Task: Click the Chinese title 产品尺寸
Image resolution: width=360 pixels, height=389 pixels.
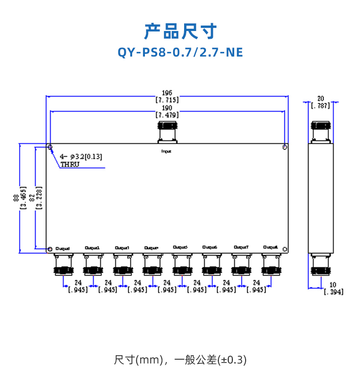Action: tap(180, 31)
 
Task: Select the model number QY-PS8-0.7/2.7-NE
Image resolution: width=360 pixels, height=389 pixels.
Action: tap(180, 52)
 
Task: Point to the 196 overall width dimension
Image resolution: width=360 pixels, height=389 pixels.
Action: tap(167, 92)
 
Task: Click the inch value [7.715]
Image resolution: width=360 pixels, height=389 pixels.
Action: tap(167, 99)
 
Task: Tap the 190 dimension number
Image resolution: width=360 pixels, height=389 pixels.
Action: tap(167, 108)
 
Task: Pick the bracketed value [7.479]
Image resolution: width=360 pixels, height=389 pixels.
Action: tap(167, 115)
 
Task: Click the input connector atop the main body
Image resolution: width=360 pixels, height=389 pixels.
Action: tap(167, 131)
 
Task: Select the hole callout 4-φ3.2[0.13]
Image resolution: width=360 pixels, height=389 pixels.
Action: tap(81, 157)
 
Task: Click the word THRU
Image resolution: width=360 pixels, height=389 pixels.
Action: tap(70, 164)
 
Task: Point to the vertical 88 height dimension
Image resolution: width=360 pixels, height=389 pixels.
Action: tap(16, 197)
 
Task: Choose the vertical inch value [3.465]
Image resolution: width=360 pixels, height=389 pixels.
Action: tap(23, 197)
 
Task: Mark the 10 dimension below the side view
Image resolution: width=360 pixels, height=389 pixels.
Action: tap(333, 285)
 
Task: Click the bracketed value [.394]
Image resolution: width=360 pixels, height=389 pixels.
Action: tap(334, 292)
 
